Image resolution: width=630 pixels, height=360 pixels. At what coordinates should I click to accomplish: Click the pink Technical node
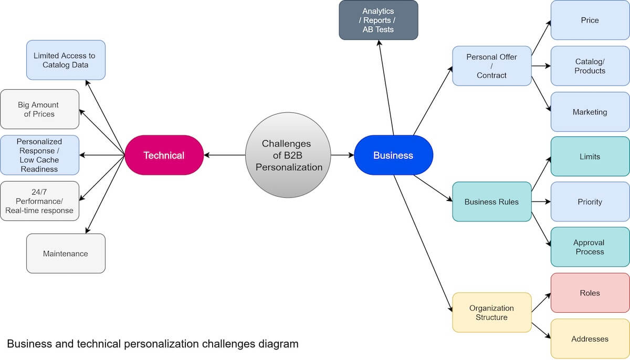pos(164,155)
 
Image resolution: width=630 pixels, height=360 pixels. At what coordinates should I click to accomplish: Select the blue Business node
pos(393,155)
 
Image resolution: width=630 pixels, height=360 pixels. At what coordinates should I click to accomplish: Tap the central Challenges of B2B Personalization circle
pos(288,155)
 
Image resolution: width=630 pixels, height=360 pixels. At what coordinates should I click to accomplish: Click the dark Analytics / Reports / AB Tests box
pos(378,20)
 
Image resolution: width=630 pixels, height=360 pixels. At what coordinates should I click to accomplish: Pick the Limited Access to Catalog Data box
pos(66,60)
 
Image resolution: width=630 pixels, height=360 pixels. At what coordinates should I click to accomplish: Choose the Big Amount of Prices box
pos(39,109)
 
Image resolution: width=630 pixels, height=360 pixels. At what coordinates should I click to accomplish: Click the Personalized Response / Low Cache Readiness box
pos(39,155)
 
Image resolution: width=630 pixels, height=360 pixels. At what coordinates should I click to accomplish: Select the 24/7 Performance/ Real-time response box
pos(39,201)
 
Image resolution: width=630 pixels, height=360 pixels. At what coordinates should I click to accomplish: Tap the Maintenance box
pos(66,253)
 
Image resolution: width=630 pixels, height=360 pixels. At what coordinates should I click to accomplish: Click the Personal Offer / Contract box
pos(491,66)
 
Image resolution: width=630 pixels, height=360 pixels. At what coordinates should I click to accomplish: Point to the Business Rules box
pos(491,202)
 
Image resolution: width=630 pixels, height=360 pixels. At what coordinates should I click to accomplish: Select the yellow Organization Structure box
pos(491,312)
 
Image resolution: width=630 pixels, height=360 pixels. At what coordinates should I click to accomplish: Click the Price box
pos(590,20)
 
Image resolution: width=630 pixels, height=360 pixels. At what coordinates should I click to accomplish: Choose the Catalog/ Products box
pos(590,66)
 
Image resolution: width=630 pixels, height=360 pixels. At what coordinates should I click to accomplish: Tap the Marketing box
pos(590,112)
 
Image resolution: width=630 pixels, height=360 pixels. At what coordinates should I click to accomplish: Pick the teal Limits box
pos(590,156)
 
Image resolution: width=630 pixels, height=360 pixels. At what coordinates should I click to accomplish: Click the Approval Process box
pos(590,247)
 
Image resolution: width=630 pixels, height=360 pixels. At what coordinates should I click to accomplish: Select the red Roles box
pos(590,293)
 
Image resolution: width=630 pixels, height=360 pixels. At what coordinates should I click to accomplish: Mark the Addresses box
pos(590,338)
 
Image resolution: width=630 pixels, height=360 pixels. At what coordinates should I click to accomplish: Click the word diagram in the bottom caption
pos(279,344)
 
